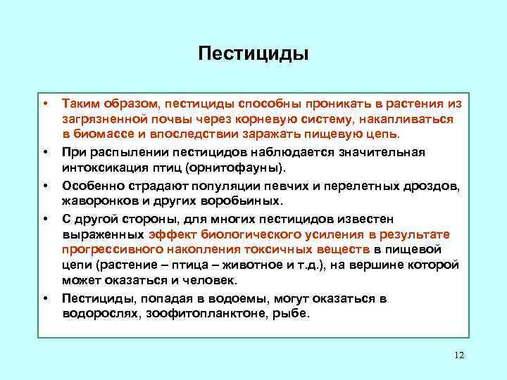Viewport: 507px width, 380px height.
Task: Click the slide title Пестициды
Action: click(x=254, y=53)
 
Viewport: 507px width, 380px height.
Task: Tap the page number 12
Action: click(x=459, y=355)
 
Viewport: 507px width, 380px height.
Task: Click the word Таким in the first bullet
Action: click(x=80, y=103)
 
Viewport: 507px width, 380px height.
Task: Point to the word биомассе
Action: click(x=101, y=135)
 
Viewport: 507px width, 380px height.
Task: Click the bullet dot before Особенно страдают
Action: click(x=45, y=185)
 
